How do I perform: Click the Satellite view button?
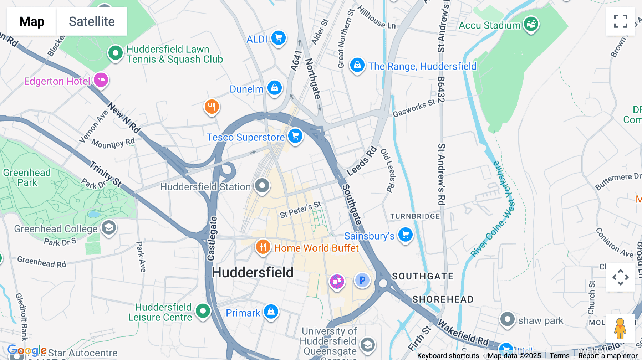(x=92, y=21)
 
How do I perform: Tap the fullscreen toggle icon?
(x=620, y=21)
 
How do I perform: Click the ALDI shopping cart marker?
(x=279, y=37)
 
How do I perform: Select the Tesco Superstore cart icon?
(x=295, y=136)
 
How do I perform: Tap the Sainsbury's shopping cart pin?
(x=405, y=235)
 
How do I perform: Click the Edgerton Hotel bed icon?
(x=101, y=80)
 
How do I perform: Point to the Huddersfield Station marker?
(x=262, y=185)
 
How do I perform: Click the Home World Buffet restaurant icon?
(x=263, y=247)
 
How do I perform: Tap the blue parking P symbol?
(x=362, y=280)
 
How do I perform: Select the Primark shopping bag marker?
(x=271, y=312)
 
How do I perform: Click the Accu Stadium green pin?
(x=531, y=24)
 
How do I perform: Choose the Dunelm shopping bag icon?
(x=275, y=87)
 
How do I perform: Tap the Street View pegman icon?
(x=620, y=328)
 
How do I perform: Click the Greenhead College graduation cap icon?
(x=109, y=227)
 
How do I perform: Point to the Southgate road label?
(x=352, y=205)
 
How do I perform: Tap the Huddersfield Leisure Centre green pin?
(x=203, y=311)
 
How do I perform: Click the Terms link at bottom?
(x=559, y=355)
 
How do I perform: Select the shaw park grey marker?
(x=507, y=319)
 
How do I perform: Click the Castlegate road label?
(x=212, y=238)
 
